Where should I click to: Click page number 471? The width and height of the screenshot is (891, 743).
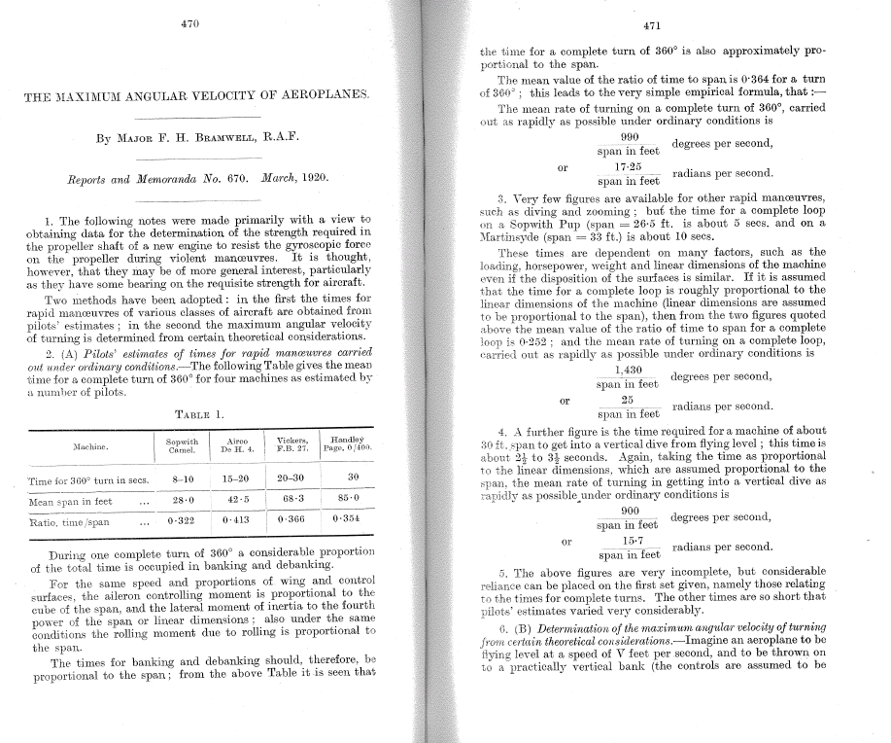click(653, 26)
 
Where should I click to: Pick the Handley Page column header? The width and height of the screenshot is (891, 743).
click(347, 444)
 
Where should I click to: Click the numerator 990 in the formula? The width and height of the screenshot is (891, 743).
click(629, 137)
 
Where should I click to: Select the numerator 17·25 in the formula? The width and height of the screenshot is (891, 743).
click(628, 167)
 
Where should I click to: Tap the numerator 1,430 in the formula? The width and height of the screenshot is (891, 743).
click(628, 370)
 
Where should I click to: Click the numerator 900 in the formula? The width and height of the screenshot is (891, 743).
click(629, 511)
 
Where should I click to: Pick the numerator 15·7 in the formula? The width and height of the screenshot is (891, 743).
click(628, 540)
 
